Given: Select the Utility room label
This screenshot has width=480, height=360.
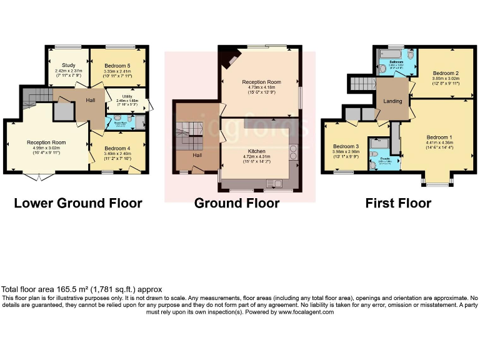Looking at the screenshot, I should (127, 97).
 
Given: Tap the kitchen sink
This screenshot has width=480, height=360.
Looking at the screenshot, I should (275, 182).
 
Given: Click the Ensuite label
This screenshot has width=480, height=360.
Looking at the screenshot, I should (376, 159).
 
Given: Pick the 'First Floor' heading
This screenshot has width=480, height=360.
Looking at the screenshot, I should (397, 203).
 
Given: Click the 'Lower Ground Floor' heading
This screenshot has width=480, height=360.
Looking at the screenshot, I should (77, 203).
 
